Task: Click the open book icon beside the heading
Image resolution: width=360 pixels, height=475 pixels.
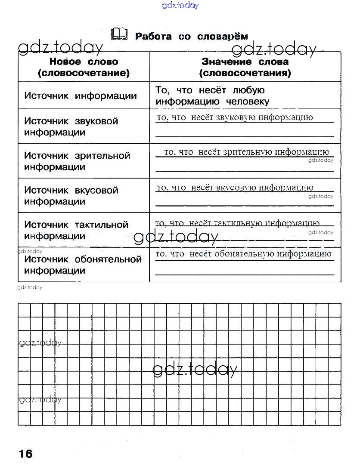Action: pyautogui.click(x=119, y=34)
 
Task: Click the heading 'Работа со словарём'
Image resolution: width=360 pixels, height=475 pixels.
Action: pyautogui.click(x=192, y=36)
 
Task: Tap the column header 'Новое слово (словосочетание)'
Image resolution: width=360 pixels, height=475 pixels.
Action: pyautogui.click(x=84, y=67)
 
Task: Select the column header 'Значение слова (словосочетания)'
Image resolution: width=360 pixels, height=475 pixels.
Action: pyautogui.click(x=245, y=67)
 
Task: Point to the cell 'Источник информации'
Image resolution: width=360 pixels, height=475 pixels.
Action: pyautogui.click(x=81, y=96)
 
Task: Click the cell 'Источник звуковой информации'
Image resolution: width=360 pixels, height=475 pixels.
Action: pyautogui.click(x=71, y=126)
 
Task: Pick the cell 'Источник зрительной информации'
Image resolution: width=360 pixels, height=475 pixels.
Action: pyautogui.click(x=77, y=161)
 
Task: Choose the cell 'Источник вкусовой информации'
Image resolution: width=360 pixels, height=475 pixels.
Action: pyautogui.click(x=71, y=196)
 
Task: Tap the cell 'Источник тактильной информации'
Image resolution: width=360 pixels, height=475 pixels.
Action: pyautogui.click(x=76, y=230)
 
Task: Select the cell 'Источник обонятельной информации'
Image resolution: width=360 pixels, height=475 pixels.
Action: pyautogui.click(x=83, y=265)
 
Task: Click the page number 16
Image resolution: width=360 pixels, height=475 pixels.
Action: pyautogui.click(x=25, y=453)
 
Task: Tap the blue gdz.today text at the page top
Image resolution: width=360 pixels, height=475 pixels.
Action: pyautogui.click(x=180, y=5)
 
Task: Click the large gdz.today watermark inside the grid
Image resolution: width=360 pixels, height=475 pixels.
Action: pyautogui.click(x=195, y=369)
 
